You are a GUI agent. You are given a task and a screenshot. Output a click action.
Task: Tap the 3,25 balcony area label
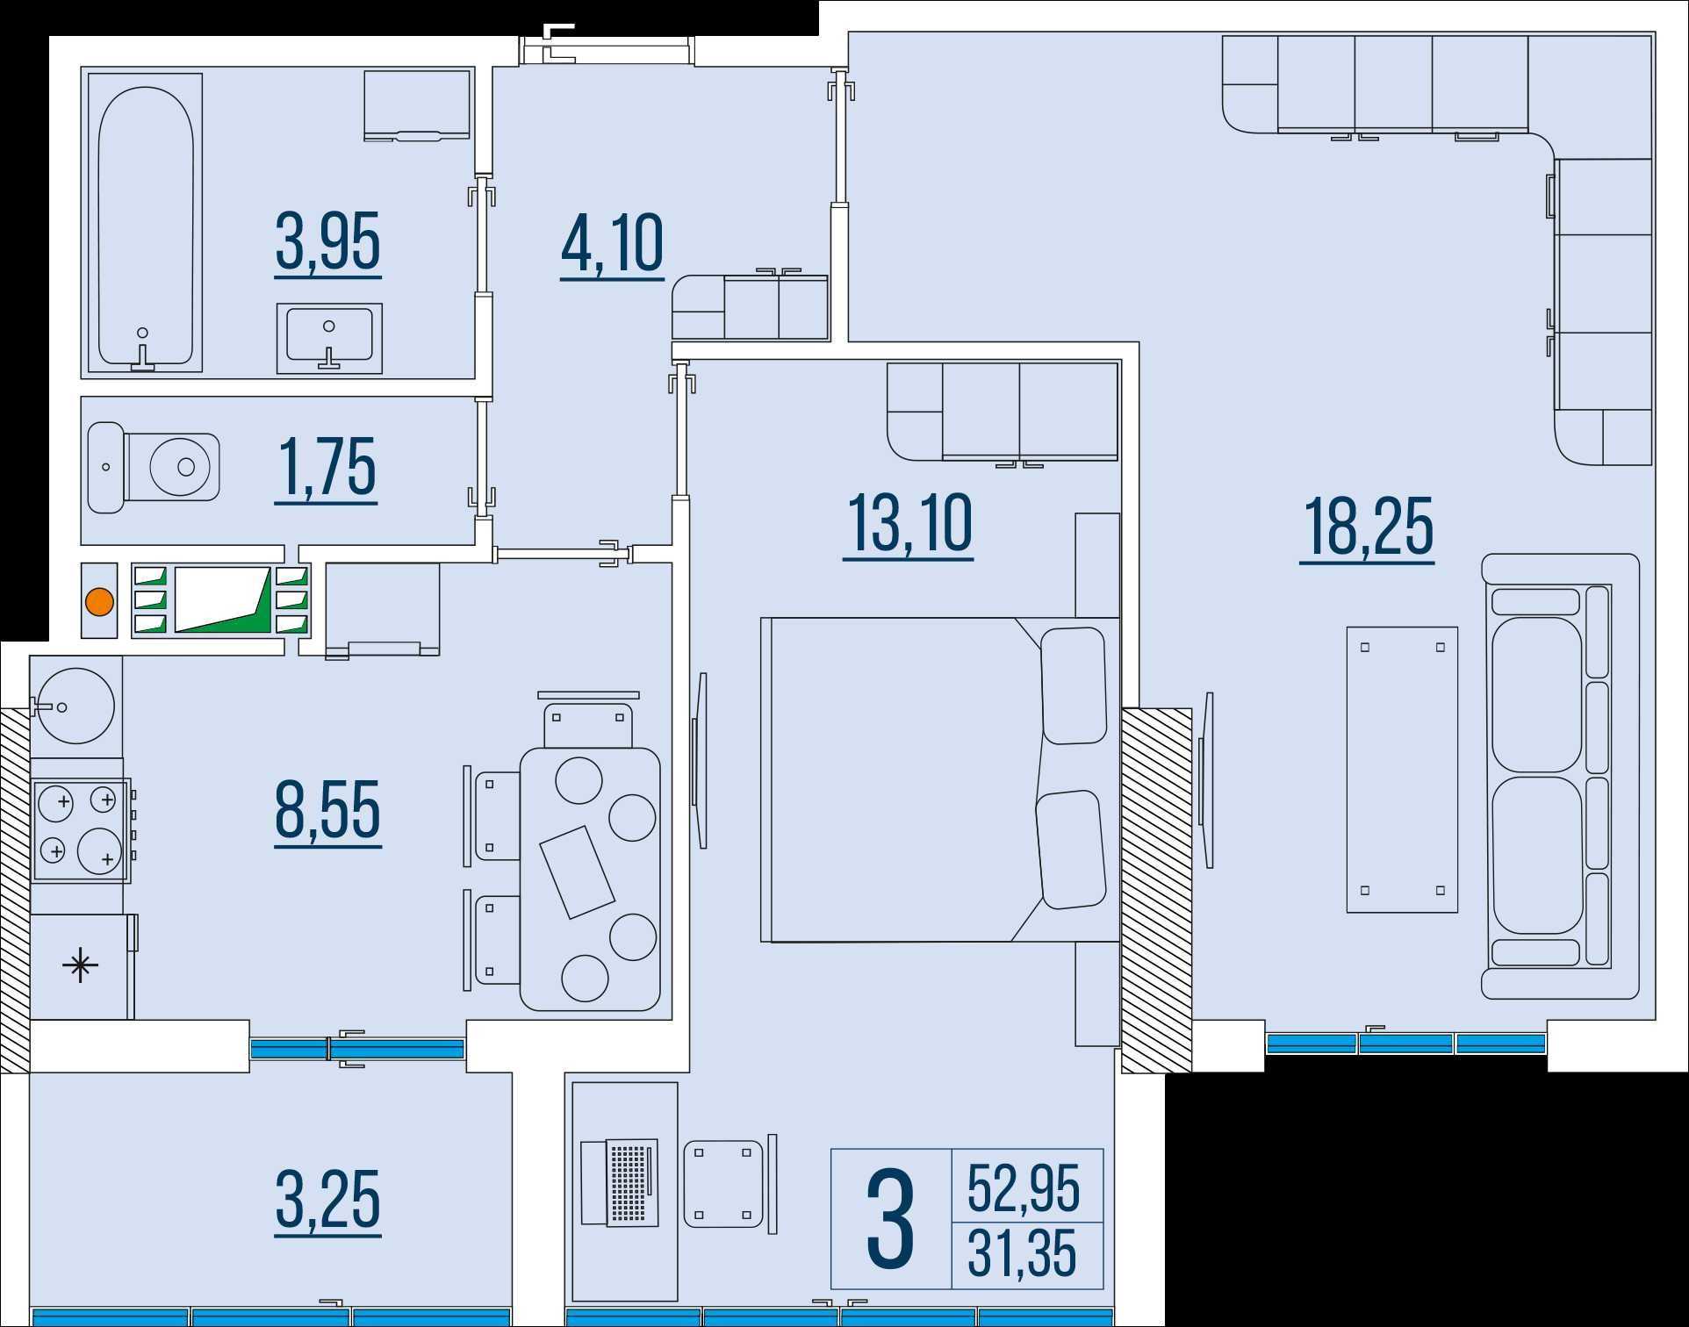tap(327, 1200)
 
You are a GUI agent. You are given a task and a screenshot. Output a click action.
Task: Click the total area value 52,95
tap(1024, 1189)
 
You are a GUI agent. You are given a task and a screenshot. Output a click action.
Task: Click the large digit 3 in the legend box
tap(890, 1220)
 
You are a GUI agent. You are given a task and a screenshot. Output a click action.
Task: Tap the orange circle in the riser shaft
tap(99, 602)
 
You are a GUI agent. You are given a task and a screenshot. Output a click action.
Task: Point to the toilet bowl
tap(154, 467)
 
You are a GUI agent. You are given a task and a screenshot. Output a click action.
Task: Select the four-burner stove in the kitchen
tap(82, 829)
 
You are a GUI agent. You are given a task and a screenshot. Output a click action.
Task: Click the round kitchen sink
tap(75, 706)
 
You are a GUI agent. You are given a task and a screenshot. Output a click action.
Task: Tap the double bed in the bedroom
tap(939, 779)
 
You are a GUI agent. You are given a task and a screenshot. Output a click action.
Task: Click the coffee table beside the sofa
tap(1402, 769)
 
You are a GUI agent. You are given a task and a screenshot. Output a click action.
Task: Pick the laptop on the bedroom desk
tap(620, 1182)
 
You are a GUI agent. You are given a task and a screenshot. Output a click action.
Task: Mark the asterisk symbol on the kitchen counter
tap(81, 966)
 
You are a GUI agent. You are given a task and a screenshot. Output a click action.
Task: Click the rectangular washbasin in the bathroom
tap(329, 338)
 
